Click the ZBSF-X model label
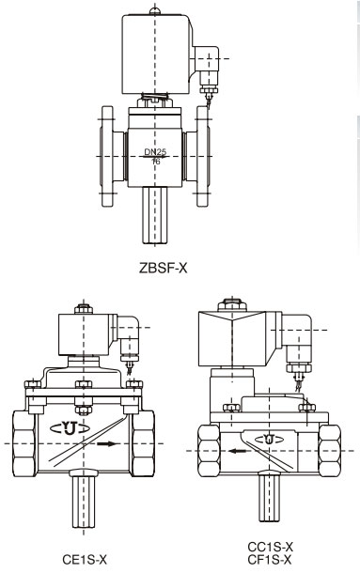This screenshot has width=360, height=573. (x=164, y=269)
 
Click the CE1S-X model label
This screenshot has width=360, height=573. (x=85, y=559)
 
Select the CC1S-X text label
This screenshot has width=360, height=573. (x=271, y=547)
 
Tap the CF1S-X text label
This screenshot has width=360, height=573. (x=271, y=559)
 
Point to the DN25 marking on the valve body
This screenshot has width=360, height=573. (x=155, y=151)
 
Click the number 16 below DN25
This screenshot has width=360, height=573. (x=156, y=162)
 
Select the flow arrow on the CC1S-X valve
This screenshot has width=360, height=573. (x=238, y=451)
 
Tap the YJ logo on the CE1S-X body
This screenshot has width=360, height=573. (x=70, y=428)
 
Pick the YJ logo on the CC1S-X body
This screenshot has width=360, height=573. (x=269, y=439)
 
